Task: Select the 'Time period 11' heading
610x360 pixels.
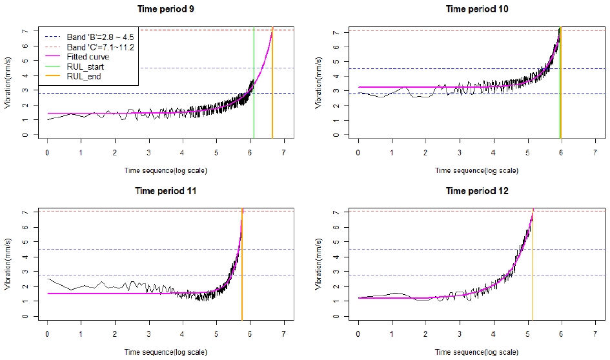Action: [x=166, y=191]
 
